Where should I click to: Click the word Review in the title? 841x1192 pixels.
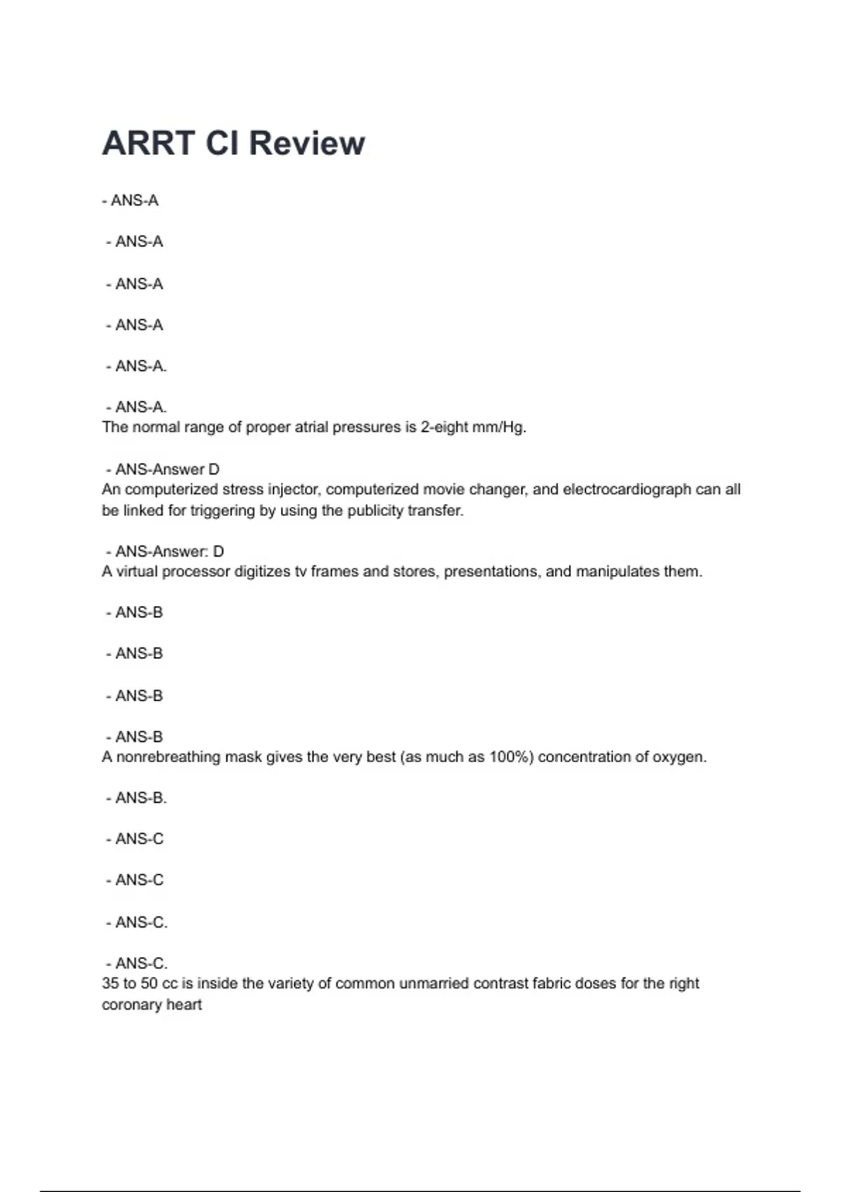[x=306, y=143]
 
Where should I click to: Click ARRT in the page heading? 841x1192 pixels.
[x=148, y=143]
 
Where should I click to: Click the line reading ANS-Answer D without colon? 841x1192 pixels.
[x=167, y=469]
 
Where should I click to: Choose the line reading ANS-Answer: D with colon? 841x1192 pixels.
[x=169, y=551]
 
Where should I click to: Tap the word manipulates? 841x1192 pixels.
[x=617, y=571]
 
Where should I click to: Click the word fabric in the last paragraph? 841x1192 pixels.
[x=552, y=983]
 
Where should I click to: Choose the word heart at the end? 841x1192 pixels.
[x=184, y=1005]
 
